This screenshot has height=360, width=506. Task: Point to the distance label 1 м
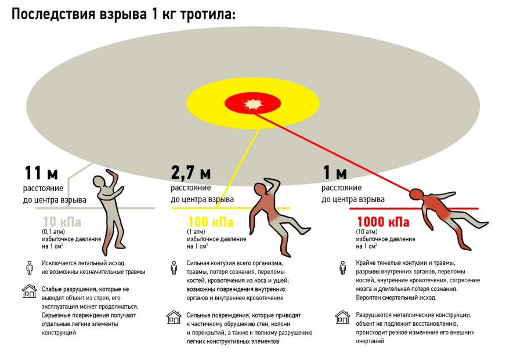334,173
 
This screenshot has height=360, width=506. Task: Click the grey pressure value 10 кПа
62,222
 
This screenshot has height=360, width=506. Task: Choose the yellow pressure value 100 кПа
210,222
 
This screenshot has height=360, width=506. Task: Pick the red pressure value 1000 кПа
382,222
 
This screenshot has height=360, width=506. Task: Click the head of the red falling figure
417,195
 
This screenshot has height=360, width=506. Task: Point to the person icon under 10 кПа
28,267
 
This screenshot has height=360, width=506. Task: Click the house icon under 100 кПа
174,316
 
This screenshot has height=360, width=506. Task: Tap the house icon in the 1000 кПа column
342,316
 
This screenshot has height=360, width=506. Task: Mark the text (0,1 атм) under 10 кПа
55,232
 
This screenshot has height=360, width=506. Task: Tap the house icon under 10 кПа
29,291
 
